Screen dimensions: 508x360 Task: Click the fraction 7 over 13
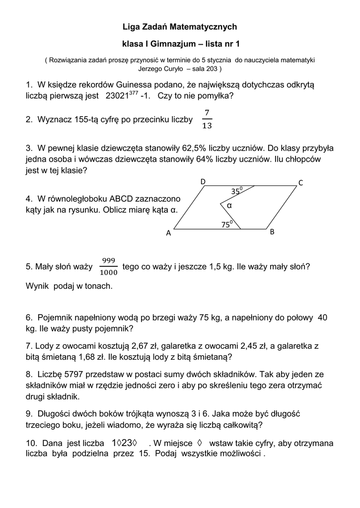207,119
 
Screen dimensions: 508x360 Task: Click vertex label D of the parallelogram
203,182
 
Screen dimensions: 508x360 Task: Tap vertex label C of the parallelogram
300,184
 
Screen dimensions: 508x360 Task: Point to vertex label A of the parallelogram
168,233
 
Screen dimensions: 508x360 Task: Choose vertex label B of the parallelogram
272,232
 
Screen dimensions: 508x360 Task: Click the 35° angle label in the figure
236,191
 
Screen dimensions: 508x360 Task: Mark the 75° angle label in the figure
226,224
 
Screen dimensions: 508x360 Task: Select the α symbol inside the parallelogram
229,205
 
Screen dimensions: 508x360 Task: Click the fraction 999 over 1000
108,266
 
